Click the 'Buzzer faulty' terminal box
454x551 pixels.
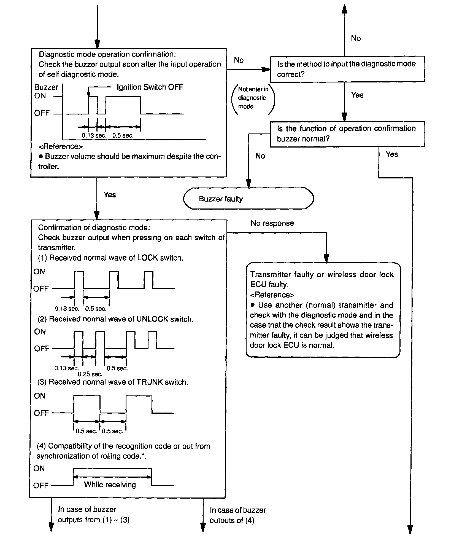pyautogui.click(x=248, y=199)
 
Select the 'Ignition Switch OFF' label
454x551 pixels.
pyautogui.click(x=150, y=87)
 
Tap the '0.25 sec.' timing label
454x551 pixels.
pyautogui.click(x=90, y=374)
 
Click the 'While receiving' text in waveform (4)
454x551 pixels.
pyautogui.click(x=110, y=485)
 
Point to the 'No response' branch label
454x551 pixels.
pyautogui.click(x=272, y=223)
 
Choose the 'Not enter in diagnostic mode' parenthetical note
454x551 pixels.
pyautogui.click(x=253, y=98)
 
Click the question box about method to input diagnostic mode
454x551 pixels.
pyautogui.click(x=347, y=69)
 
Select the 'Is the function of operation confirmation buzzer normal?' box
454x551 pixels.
pyautogui.click(x=347, y=134)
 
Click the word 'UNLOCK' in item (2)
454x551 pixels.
pyautogui.click(x=152, y=319)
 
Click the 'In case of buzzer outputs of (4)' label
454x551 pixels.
pyautogui.click(x=237, y=515)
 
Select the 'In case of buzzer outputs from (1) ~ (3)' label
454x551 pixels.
pyautogui.click(x=94, y=515)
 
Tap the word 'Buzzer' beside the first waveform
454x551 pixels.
pyautogui.click(x=46, y=87)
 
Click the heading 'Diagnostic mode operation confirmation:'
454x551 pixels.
pyautogui.click(x=107, y=54)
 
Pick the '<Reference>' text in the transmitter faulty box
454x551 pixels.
pyautogui.click(x=272, y=295)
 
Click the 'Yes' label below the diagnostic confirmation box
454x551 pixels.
pyautogui.click(x=110, y=195)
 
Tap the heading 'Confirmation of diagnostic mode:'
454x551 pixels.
pyautogui.click(x=94, y=228)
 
